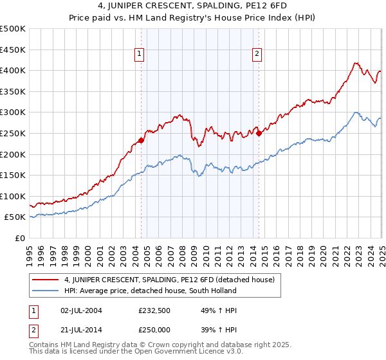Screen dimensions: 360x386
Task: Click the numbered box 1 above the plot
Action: pyautogui.click(x=139, y=55)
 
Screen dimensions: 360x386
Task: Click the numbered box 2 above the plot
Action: pyautogui.click(x=257, y=55)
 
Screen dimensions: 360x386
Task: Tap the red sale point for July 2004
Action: pyautogui.click(x=141, y=140)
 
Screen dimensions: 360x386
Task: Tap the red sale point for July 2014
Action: pyautogui.click(x=259, y=133)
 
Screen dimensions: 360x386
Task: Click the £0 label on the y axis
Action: pyautogui.click(x=19, y=238)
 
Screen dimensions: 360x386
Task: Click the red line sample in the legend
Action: pyautogui.click(x=45, y=280)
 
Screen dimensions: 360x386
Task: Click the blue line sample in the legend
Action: pyautogui.click(x=45, y=291)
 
